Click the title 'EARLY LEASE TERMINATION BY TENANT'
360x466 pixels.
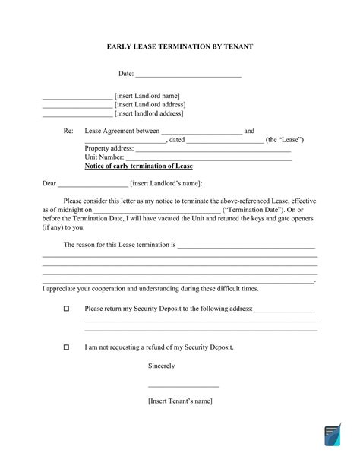(x=180, y=46)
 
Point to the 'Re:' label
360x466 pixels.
(x=68, y=131)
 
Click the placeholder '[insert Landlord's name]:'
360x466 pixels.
(x=166, y=184)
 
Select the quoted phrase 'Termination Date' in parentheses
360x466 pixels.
(x=253, y=210)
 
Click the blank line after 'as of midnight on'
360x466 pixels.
(x=156, y=211)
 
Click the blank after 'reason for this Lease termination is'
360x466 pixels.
(x=245, y=246)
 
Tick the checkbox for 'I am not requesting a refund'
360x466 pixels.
(x=66, y=347)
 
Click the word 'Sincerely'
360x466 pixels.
(x=162, y=366)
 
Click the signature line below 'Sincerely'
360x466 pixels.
(x=183, y=387)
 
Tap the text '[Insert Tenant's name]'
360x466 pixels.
(x=180, y=401)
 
